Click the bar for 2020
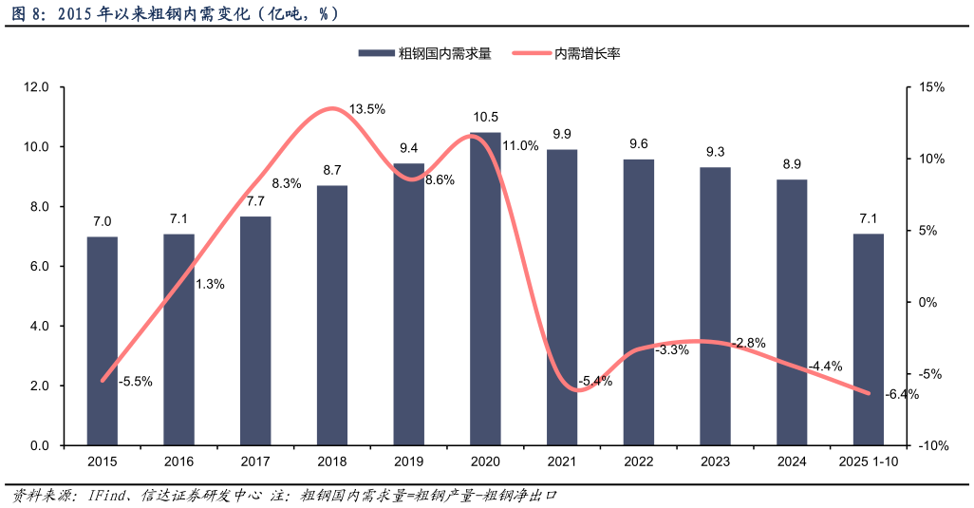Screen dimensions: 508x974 485,289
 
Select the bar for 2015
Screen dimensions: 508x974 103,341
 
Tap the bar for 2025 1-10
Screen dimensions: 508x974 869,339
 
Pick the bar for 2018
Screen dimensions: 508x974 332,315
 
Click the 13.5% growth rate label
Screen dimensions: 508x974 367,109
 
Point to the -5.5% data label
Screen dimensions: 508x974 135,382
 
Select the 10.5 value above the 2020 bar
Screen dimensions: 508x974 485,117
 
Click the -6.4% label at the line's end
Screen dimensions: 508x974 901,395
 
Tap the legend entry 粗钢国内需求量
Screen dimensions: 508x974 424,54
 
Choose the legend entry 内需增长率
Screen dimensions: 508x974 567,54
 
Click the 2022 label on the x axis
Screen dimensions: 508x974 639,461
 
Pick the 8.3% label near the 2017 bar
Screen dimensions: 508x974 287,183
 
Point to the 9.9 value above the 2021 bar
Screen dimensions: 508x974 562,134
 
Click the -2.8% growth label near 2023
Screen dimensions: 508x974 748,343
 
